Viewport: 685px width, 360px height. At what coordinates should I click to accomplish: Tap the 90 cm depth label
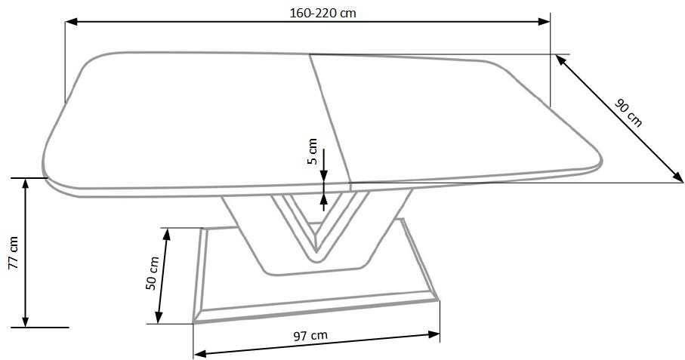tap(628, 113)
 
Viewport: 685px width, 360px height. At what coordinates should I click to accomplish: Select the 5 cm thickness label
tap(313, 152)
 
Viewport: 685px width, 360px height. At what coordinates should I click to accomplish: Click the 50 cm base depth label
tap(153, 273)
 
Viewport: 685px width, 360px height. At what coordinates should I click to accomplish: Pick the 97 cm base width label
tap(310, 335)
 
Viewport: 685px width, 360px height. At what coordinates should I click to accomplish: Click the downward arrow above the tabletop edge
tap(323, 175)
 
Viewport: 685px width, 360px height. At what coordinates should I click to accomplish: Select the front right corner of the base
tap(437, 300)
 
